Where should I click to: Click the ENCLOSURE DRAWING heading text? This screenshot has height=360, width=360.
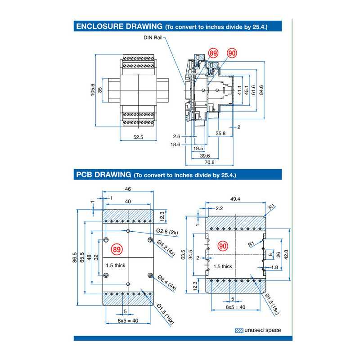pyautogui.click(x=119, y=27)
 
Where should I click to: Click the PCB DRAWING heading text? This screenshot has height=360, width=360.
pyautogui.click(x=103, y=175)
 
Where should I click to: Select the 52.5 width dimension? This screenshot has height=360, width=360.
pyautogui.click(x=138, y=138)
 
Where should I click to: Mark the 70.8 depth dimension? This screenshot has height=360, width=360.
pyautogui.click(x=209, y=162)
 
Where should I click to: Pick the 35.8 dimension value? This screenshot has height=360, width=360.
pyautogui.click(x=220, y=134)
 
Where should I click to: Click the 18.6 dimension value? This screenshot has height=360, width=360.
pyautogui.click(x=175, y=144)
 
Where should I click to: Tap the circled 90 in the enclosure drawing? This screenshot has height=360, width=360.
pyautogui.click(x=232, y=54)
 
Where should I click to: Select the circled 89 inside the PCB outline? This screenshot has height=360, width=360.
pyautogui.click(x=117, y=249)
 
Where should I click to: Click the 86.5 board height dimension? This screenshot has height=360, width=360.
pyautogui.click(x=75, y=259)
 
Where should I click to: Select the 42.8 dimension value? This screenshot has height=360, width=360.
pyautogui.click(x=286, y=254)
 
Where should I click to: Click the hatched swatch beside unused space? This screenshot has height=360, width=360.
pyautogui.click(x=239, y=330)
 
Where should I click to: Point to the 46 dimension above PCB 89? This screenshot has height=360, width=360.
pyautogui.click(x=128, y=190)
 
